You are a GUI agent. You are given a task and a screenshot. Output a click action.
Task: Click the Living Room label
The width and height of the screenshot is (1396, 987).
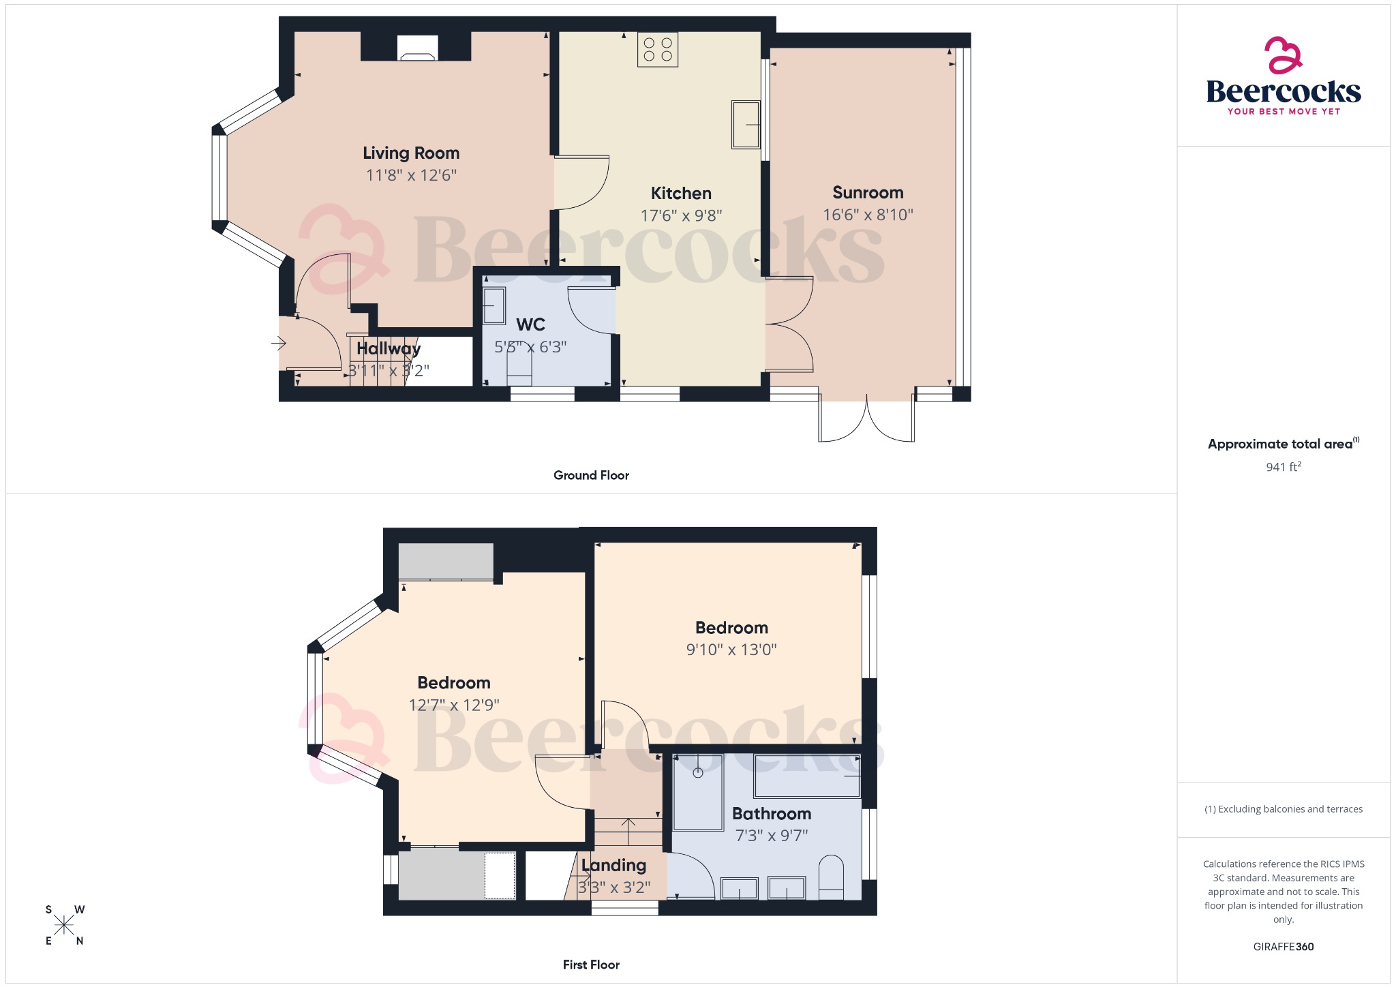click(x=410, y=153)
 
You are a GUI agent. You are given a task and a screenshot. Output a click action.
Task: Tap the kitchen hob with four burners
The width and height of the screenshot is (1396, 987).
click(x=658, y=50)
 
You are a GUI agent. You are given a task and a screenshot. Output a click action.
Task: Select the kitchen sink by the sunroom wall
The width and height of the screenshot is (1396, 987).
click(x=745, y=124)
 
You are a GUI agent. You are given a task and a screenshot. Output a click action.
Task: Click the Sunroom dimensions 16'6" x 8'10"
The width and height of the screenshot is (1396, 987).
click(x=868, y=215)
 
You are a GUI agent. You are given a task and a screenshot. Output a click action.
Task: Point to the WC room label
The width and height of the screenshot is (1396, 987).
click(x=530, y=324)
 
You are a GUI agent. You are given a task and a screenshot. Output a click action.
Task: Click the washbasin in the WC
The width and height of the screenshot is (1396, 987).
click(x=494, y=306)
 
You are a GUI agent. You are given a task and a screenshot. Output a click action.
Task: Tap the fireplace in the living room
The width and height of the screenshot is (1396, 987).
click(x=418, y=48)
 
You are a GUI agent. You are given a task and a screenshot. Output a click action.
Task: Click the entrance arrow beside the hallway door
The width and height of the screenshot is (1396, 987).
click(x=279, y=343)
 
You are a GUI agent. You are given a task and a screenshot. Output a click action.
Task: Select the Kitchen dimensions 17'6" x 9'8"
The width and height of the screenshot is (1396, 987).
click(x=681, y=215)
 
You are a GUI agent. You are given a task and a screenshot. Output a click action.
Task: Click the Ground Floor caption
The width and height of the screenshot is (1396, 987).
click(x=591, y=475)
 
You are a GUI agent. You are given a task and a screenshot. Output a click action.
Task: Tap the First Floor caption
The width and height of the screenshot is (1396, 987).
click(x=591, y=965)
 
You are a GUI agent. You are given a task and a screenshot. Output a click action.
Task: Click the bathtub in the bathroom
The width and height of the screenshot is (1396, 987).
click(x=807, y=776)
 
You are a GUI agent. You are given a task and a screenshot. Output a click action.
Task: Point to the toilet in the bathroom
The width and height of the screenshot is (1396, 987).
click(x=830, y=877)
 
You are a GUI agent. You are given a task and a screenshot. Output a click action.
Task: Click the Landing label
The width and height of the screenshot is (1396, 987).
click(x=613, y=865)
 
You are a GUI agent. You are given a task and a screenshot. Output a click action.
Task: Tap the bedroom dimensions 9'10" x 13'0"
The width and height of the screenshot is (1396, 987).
click(x=731, y=650)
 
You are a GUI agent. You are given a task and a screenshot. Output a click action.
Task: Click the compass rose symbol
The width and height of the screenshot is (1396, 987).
click(x=64, y=925)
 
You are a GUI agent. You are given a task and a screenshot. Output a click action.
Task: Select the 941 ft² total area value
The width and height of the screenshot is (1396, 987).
click(x=1283, y=467)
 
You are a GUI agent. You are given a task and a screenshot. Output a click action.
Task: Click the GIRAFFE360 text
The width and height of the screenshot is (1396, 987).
click(x=1283, y=946)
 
